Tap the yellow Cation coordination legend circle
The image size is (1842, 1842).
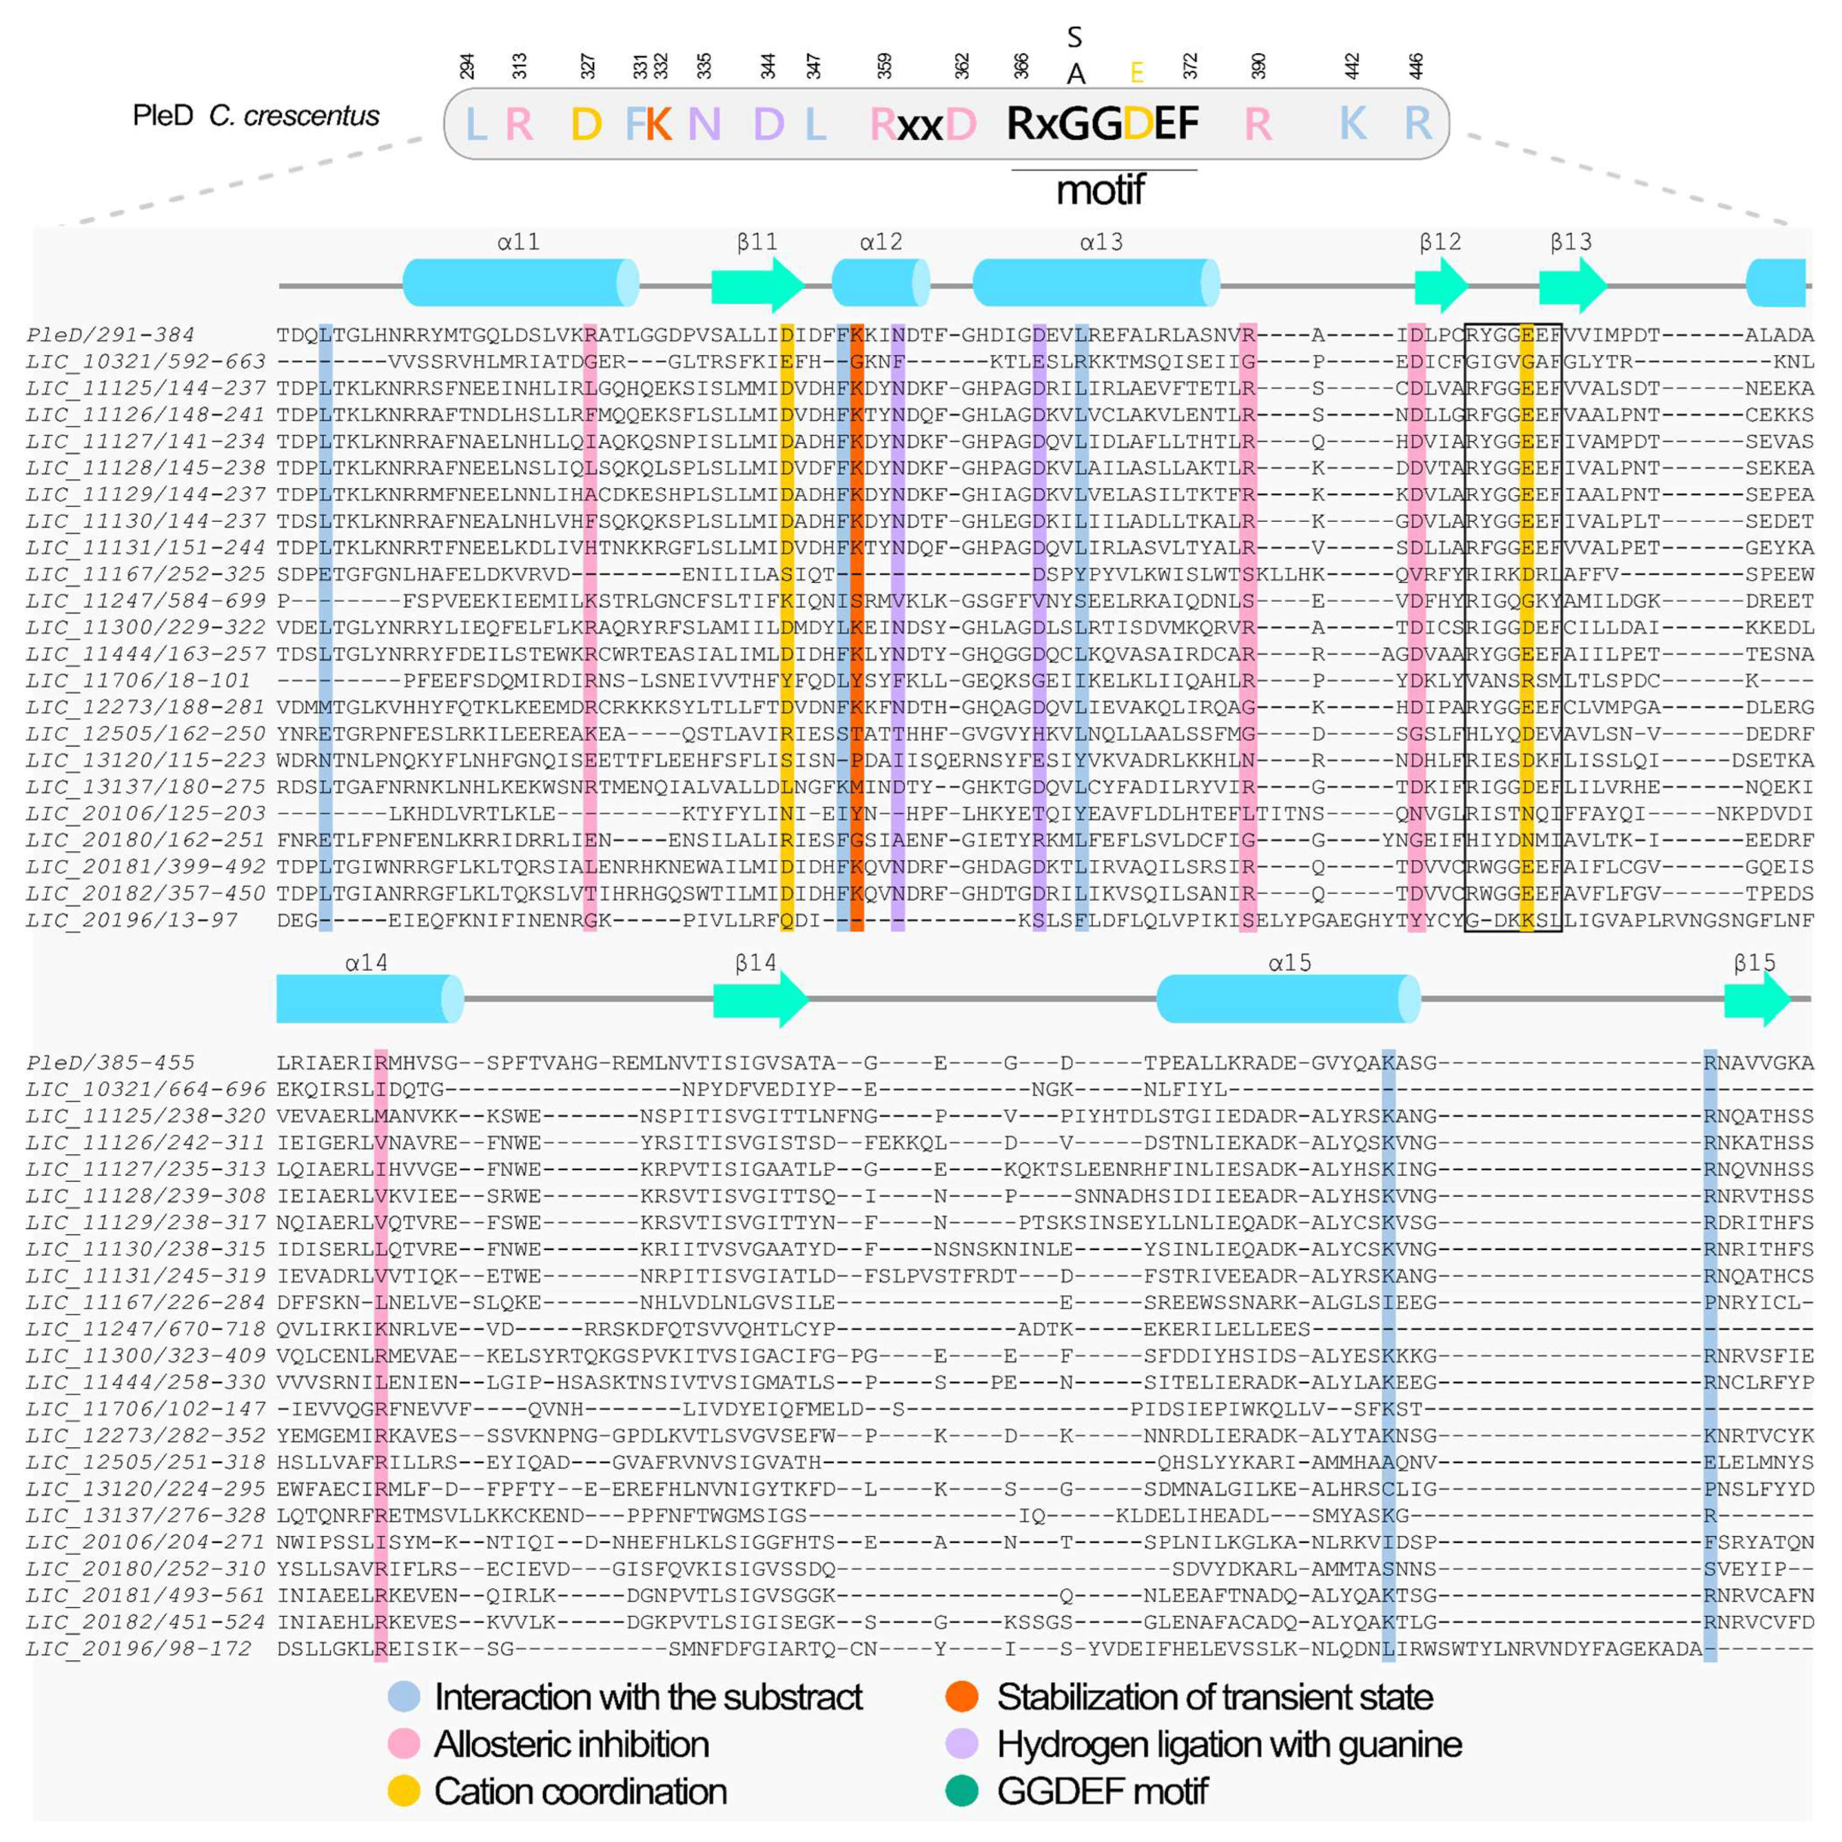(x=404, y=1790)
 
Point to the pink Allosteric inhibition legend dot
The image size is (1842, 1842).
(x=404, y=1744)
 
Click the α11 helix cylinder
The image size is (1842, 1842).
(x=520, y=282)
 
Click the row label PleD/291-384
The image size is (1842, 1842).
(x=111, y=335)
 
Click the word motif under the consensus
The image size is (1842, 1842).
(x=1100, y=190)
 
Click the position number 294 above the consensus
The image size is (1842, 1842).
(x=467, y=66)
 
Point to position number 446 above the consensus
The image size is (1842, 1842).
(x=1417, y=66)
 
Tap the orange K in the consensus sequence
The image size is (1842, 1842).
(x=658, y=124)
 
